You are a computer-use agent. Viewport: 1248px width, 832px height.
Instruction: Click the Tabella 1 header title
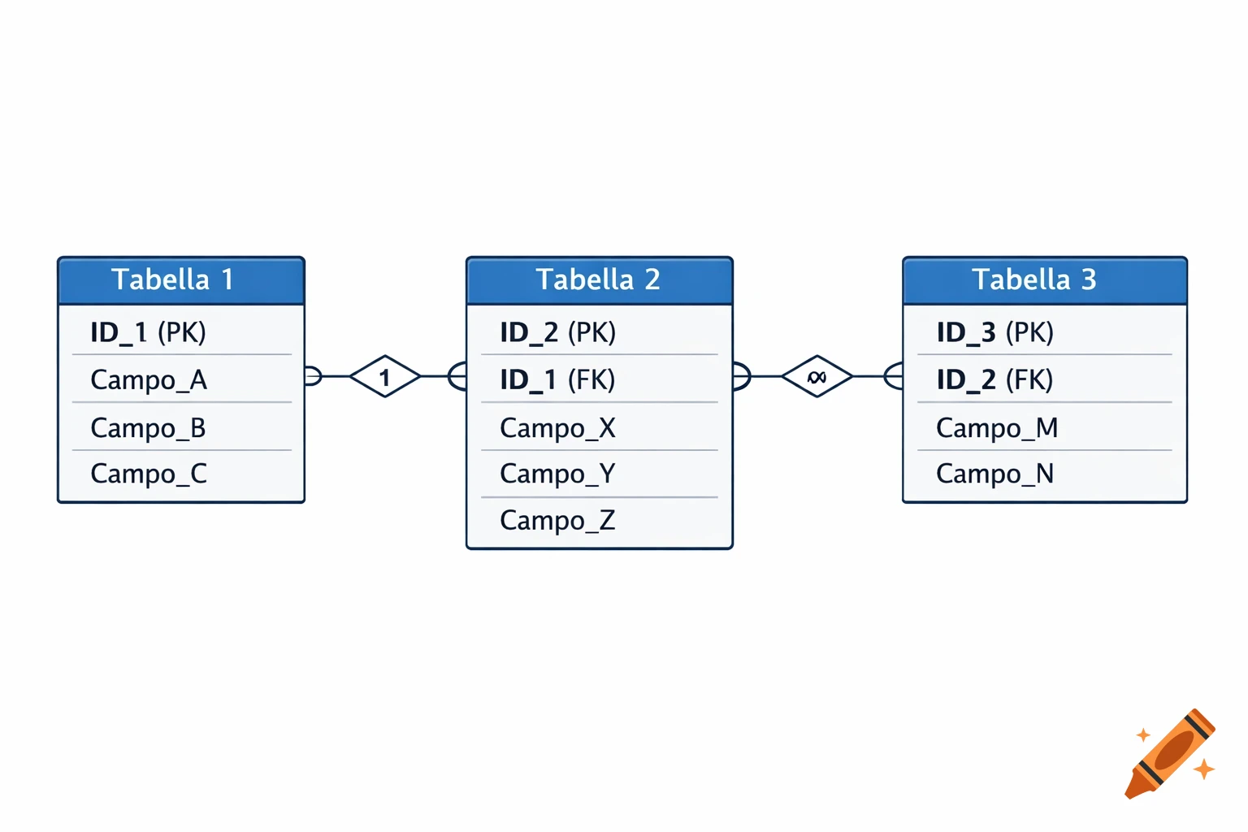(172, 279)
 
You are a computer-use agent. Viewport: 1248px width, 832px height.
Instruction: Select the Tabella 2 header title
(598, 279)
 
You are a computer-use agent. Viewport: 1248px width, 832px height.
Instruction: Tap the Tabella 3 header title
(1034, 279)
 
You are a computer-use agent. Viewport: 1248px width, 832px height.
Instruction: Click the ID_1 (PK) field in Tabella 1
(148, 332)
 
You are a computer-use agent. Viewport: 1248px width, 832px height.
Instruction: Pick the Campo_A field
(149, 379)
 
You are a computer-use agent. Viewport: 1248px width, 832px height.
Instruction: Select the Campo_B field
(148, 427)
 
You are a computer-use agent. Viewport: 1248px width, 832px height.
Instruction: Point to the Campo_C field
(149, 474)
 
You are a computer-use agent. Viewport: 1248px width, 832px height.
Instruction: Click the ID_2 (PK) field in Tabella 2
(557, 332)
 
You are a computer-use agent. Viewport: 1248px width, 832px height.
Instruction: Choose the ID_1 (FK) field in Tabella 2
(557, 379)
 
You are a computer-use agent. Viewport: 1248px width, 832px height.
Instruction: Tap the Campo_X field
(557, 427)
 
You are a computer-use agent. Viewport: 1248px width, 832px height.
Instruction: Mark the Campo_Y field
(557, 474)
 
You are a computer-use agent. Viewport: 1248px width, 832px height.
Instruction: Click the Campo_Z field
(557, 520)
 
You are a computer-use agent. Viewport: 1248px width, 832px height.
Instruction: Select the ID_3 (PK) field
(994, 332)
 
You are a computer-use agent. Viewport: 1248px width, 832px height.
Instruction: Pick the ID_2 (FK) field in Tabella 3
(994, 379)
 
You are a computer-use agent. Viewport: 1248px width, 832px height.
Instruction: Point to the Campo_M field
(997, 427)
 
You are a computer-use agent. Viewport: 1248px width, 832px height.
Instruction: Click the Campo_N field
(994, 474)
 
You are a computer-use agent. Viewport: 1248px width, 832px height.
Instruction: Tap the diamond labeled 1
(385, 376)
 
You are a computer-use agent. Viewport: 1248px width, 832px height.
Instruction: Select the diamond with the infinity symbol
(817, 376)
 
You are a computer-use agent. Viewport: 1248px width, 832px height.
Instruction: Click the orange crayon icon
(1170, 755)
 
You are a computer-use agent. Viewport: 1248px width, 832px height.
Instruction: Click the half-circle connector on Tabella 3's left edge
(895, 376)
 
